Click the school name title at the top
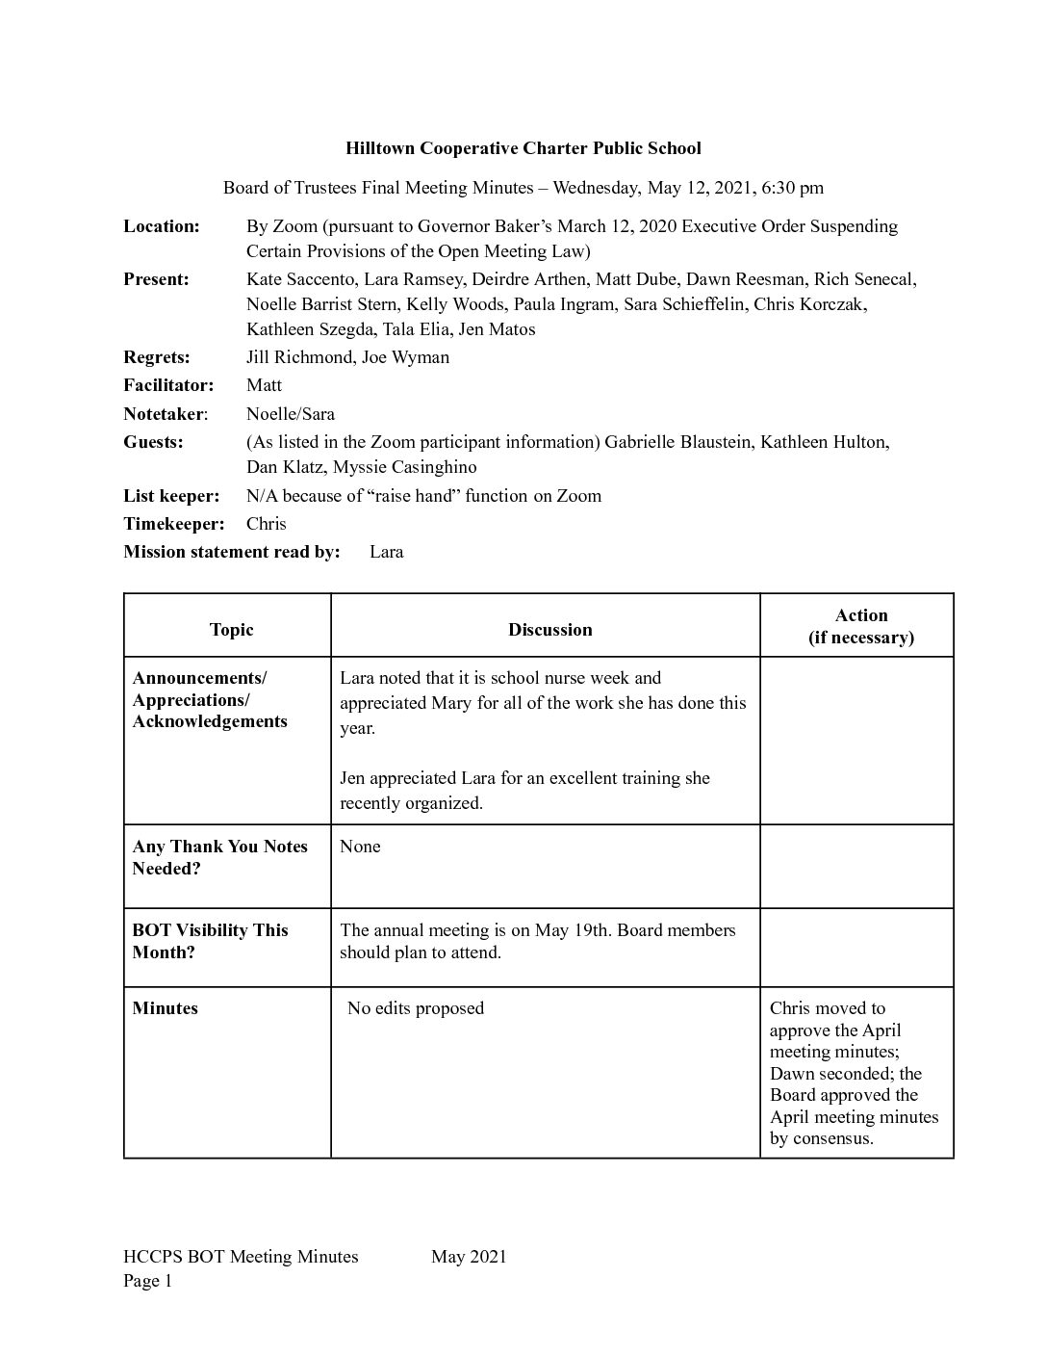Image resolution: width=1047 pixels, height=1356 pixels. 523,148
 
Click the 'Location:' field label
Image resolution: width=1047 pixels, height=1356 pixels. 162,226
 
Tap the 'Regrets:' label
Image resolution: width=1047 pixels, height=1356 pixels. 157,357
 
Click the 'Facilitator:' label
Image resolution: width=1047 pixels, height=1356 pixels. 168,385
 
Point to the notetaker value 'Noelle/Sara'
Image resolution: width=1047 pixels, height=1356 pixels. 291,414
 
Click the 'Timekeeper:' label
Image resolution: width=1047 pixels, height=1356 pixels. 174,524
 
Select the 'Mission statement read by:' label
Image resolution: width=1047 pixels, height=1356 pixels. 232,552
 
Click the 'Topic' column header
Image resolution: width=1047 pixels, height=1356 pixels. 231,630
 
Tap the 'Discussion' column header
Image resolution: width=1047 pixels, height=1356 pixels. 550,630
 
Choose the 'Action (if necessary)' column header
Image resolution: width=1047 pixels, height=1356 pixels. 860,626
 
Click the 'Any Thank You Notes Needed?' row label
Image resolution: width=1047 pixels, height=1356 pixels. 219,857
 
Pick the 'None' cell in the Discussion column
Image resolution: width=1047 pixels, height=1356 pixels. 360,847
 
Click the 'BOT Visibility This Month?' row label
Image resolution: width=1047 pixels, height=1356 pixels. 210,941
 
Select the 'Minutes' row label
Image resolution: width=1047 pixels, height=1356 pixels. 165,1008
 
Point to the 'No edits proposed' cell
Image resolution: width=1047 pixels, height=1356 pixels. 416,1008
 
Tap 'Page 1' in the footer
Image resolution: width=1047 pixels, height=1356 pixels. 147,1281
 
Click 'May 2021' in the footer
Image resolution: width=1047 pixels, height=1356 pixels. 469,1256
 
